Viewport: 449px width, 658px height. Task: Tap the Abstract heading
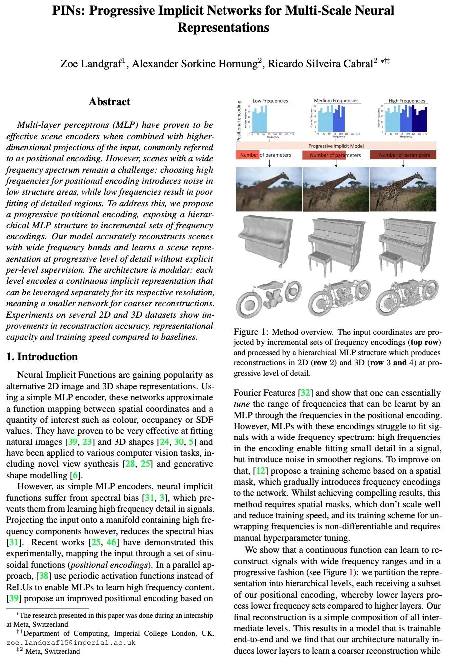[109, 102]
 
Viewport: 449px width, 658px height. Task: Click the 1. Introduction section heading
[42, 357]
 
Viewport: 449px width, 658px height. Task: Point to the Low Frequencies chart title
[270, 101]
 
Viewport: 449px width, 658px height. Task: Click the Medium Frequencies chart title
[336, 101]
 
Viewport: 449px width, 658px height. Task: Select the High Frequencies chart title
[407, 101]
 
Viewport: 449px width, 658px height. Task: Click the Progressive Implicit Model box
[336, 146]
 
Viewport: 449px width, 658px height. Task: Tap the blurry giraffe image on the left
[269, 189]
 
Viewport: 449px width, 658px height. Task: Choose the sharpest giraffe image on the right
[403, 189]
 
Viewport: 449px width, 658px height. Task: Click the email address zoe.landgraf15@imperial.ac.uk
[71, 643]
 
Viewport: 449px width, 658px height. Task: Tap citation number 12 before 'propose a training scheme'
[260, 471]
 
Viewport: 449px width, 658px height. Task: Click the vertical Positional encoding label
[239, 121]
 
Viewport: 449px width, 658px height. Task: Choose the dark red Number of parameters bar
[403, 155]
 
